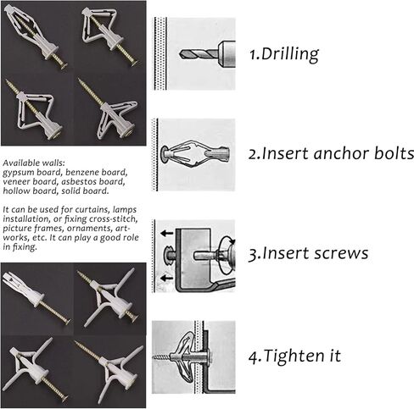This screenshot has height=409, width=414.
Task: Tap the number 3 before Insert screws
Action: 253,254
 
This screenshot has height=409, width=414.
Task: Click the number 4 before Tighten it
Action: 253,356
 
